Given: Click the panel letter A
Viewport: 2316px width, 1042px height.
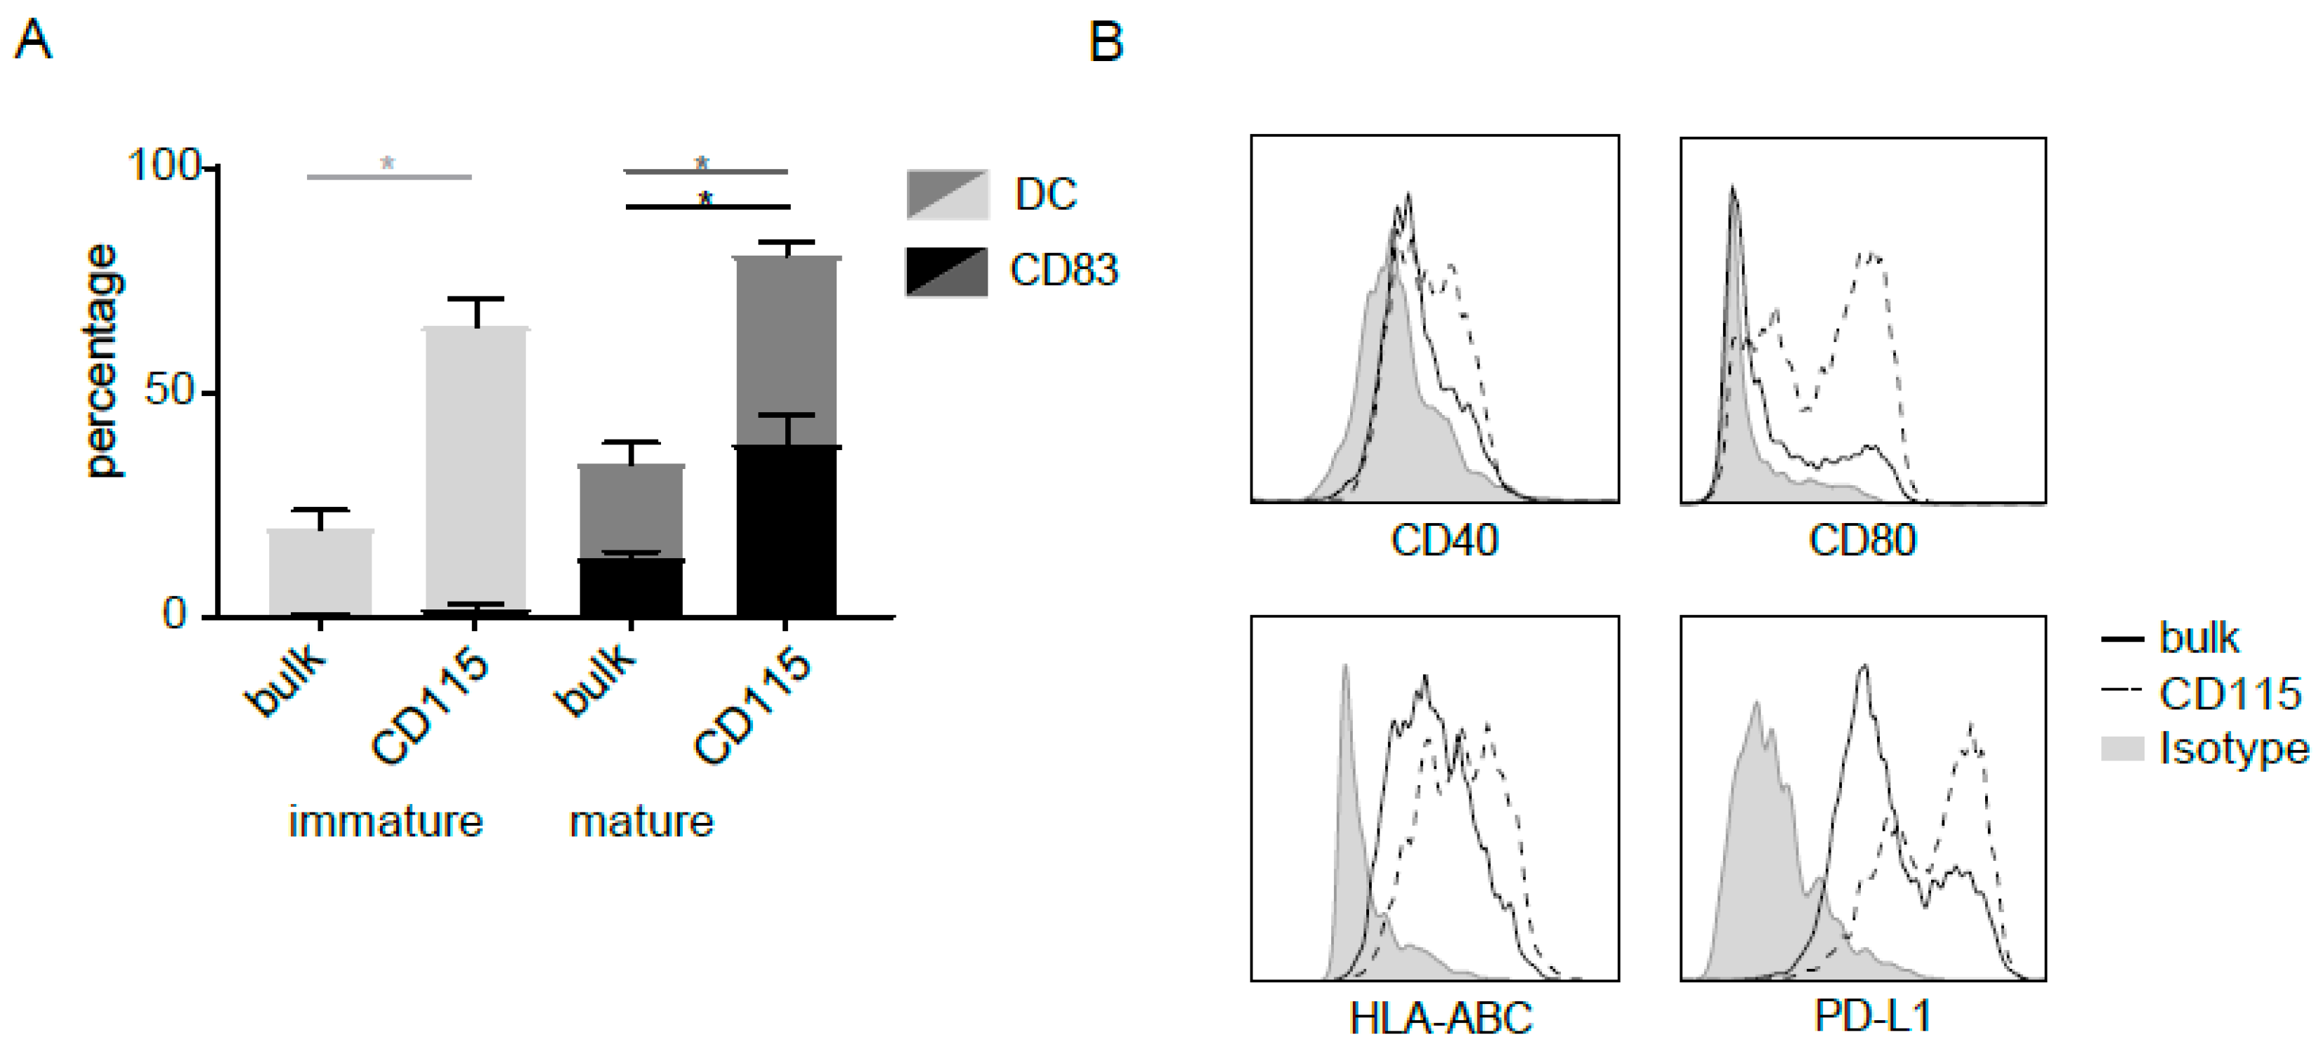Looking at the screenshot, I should point(33,41).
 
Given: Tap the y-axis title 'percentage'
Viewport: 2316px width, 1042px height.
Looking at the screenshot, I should point(102,360).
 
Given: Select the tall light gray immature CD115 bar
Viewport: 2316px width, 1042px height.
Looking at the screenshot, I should point(476,468).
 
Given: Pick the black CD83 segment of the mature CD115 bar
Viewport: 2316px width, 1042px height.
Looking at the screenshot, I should point(787,530).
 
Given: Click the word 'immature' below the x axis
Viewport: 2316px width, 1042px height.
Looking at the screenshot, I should point(386,821).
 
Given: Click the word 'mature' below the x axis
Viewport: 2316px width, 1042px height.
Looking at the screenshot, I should point(641,821).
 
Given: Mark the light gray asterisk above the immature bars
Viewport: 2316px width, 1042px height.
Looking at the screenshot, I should point(388,163).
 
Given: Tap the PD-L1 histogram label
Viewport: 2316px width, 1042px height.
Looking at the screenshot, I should point(1873,1016).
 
